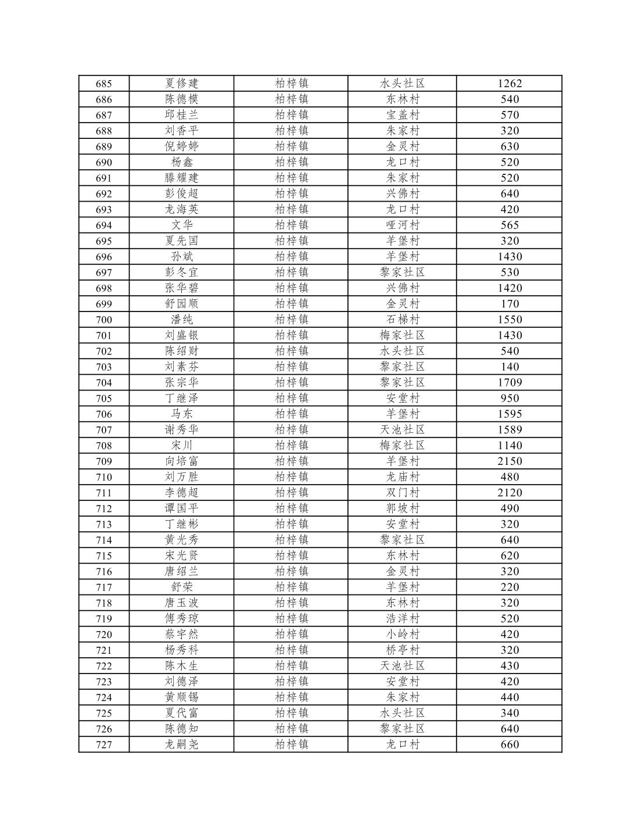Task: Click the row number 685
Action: click(103, 84)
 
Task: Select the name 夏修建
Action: click(181, 84)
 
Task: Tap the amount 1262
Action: click(510, 84)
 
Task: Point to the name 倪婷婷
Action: click(181, 146)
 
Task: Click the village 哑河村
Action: click(403, 225)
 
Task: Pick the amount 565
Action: click(510, 225)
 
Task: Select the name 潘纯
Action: click(181, 319)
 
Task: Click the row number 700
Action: click(103, 320)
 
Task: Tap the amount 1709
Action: click(510, 382)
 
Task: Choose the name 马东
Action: click(181, 414)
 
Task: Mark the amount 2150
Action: click(510, 461)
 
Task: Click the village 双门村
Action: click(403, 492)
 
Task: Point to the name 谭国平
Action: click(181, 508)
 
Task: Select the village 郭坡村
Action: click(403, 508)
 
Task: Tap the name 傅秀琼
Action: click(181, 618)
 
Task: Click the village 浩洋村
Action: click(403, 618)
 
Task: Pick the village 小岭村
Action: click(403, 634)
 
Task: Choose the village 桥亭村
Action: click(403, 650)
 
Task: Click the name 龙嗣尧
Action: click(181, 744)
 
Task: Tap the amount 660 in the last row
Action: click(510, 744)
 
